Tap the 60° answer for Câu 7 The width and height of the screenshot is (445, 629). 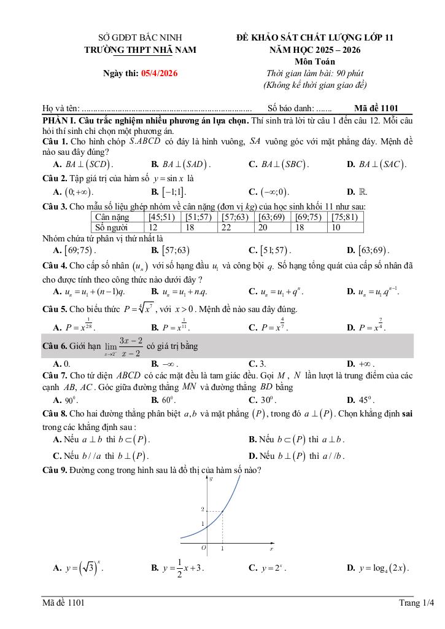168,400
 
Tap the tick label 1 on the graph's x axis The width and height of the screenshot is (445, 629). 222,548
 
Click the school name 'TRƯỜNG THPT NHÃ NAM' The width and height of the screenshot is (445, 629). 141,50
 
